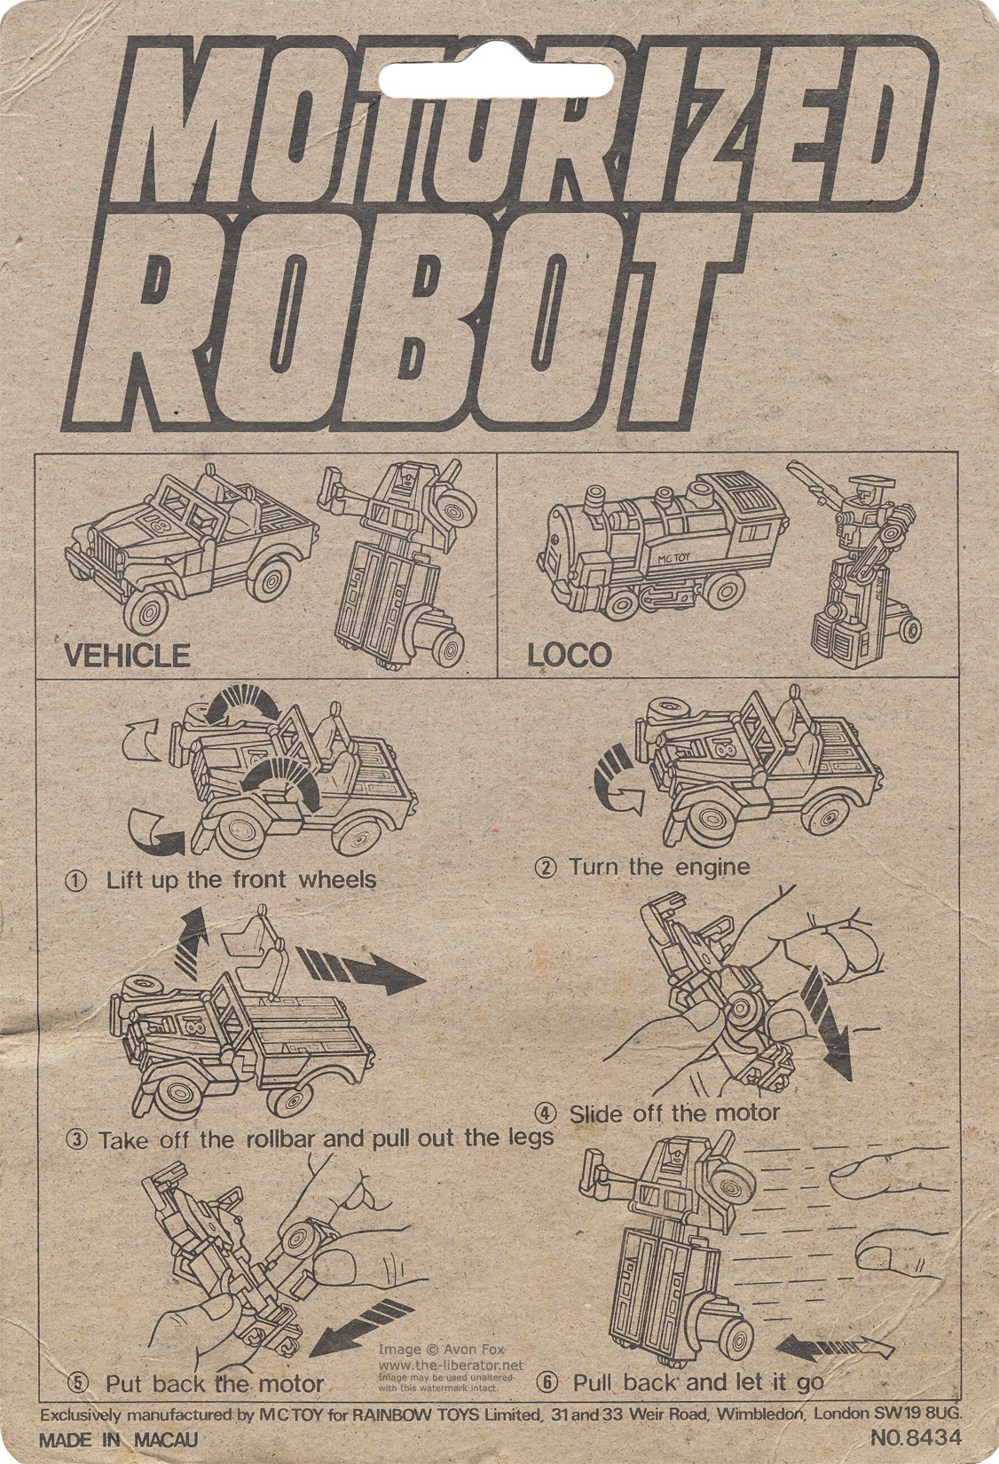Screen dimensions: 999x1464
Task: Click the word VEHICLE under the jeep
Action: point(128,656)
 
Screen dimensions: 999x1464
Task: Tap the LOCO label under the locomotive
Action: point(569,656)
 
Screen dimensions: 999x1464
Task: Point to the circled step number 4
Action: point(546,1113)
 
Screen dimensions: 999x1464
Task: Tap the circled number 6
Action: point(547,1382)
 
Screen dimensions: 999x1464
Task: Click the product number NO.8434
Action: point(916,1438)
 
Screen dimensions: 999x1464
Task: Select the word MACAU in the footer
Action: point(166,1440)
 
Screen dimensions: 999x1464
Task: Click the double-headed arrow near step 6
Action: point(834,1344)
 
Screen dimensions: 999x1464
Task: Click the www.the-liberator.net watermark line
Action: point(451,1365)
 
